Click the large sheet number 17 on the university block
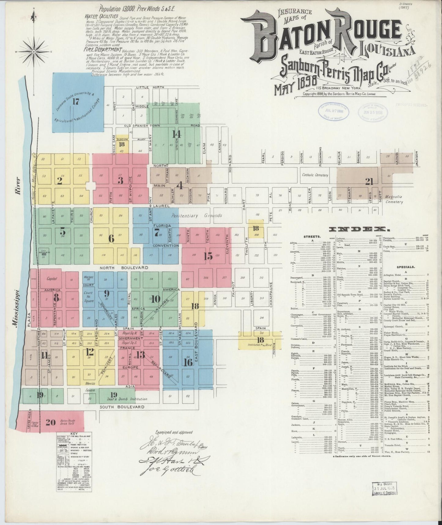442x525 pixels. click(76, 102)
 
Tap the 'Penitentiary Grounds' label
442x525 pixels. click(196, 216)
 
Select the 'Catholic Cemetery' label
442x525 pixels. click(315, 175)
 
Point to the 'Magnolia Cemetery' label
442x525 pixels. click(394, 199)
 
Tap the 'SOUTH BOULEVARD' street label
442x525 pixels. click(122, 407)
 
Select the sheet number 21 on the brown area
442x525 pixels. click(369, 182)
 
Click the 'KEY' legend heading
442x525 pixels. click(74, 434)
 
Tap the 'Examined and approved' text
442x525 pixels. click(174, 432)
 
